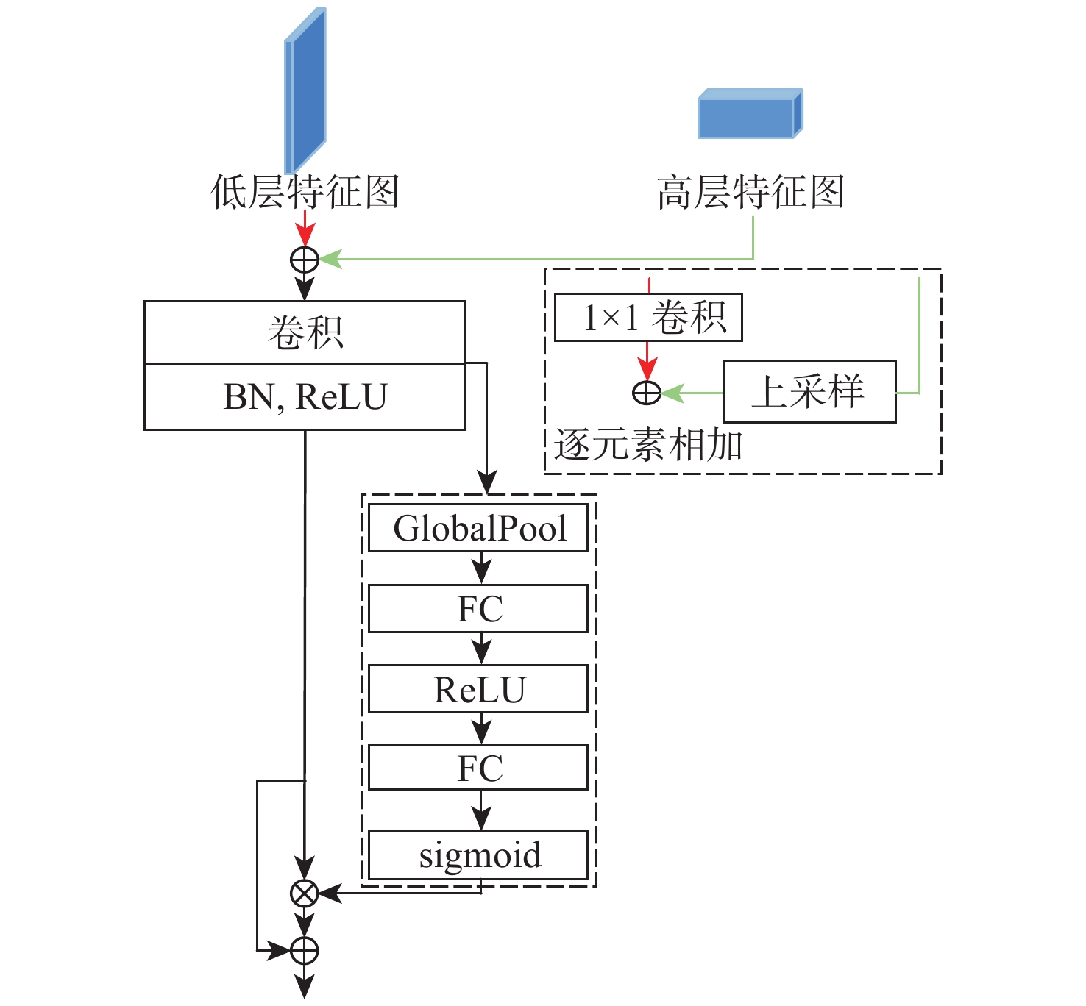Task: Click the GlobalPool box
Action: click(x=478, y=528)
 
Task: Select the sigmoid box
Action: click(x=478, y=855)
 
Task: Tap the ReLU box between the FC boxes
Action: click(x=478, y=689)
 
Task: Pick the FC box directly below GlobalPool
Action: click(x=478, y=609)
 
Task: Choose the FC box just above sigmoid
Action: click(x=478, y=768)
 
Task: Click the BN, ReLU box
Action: click(x=305, y=397)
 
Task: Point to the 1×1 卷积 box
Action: click(x=648, y=318)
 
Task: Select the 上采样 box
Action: click(x=810, y=391)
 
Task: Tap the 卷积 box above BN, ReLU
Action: click(x=305, y=332)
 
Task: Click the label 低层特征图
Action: click(x=305, y=193)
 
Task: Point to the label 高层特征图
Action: click(x=750, y=193)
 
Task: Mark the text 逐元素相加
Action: click(x=647, y=446)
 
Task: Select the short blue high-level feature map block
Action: click(x=749, y=114)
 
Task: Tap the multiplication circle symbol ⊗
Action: click(x=304, y=893)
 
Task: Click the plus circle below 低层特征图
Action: click(x=305, y=260)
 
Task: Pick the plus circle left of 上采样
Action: click(x=647, y=393)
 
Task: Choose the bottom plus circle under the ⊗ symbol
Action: click(x=304, y=951)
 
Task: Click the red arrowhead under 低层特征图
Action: click(x=305, y=235)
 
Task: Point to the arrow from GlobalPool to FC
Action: click(x=481, y=568)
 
